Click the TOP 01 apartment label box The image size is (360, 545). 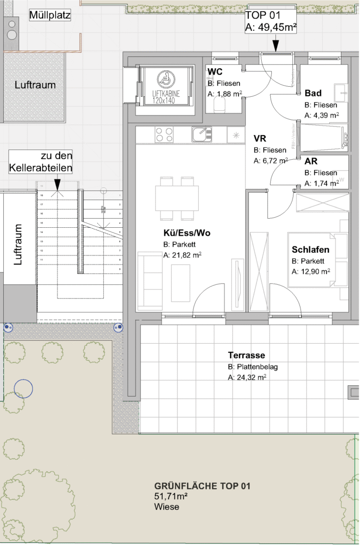[270, 22]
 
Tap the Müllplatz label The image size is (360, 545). [49, 15]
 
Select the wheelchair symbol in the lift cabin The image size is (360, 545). [165, 80]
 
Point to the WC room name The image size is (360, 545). [215, 72]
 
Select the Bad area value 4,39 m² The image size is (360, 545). [322, 114]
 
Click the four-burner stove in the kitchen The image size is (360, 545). [164, 135]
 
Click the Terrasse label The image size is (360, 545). [246, 356]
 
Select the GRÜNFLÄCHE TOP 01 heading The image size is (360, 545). [202, 486]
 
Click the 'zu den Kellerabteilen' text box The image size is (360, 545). [40, 162]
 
